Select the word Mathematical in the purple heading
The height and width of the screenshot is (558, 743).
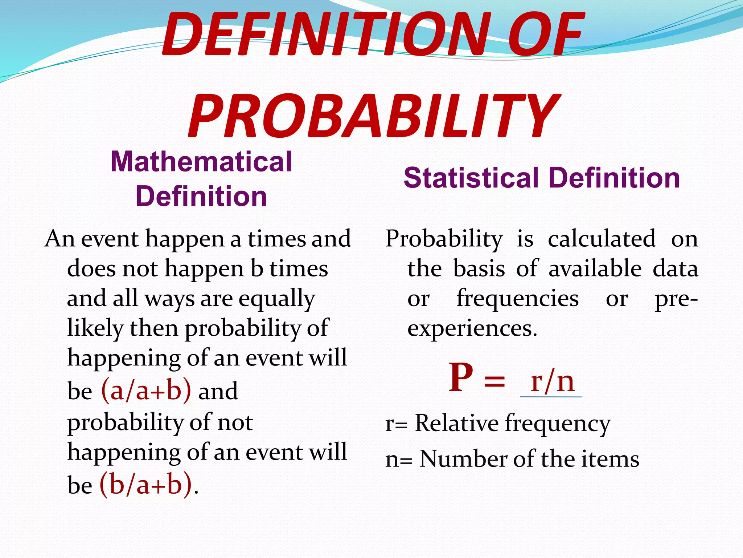(x=201, y=162)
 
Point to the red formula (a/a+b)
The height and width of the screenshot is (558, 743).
(x=146, y=391)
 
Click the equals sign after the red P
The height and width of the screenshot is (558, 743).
(x=494, y=382)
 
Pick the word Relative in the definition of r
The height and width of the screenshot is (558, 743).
(x=457, y=423)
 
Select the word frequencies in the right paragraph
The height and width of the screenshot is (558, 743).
(x=517, y=299)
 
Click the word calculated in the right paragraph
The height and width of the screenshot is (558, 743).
(x=602, y=239)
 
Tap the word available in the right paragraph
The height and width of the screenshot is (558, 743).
(x=595, y=269)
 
